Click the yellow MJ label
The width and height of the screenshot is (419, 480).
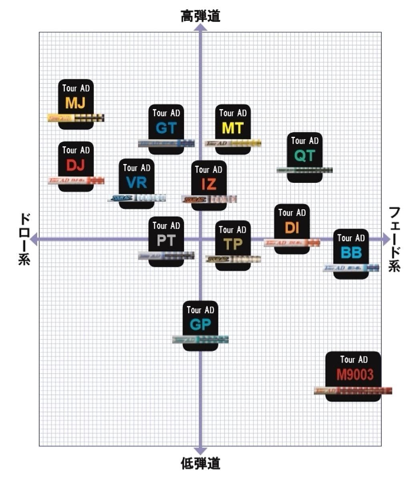(x=76, y=103)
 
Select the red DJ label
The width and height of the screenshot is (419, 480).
(x=76, y=165)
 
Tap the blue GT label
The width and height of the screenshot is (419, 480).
(x=166, y=128)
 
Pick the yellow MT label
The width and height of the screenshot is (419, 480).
(x=233, y=128)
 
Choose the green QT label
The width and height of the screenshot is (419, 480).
(x=305, y=156)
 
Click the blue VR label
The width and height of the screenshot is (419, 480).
(x=136, y=183)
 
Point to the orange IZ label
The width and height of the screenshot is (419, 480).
(x=209, y=184)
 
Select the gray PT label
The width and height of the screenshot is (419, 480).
(x=166, y=241)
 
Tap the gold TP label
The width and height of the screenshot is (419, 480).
(x=233, y=244)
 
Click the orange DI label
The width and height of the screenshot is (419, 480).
(x=292, y=228)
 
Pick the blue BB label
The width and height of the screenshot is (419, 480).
(x=351, y=253)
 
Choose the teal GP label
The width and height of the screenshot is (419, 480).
(x=200, y=325)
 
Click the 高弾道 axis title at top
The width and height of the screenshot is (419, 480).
(x=200, y=16)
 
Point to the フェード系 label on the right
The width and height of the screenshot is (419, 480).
(x=395, y=239)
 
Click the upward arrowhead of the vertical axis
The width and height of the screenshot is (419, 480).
(x=200, y=27)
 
